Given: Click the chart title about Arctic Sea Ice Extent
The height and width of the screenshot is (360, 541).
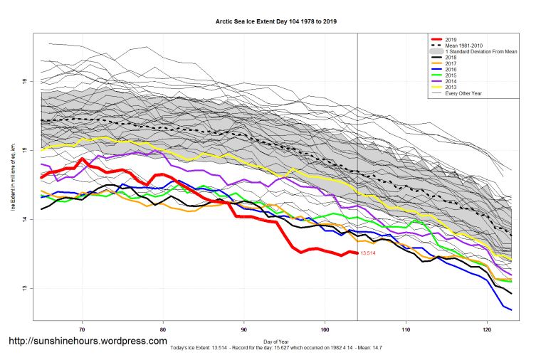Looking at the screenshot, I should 276,21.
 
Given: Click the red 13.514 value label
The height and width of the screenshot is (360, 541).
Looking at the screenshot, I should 368,253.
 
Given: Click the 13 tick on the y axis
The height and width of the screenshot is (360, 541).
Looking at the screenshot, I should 26,288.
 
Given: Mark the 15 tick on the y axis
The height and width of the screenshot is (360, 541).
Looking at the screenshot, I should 26,150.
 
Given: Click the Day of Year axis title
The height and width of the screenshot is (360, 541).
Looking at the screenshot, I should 277,341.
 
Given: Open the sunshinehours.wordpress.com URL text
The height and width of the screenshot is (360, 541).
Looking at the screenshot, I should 87,342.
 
